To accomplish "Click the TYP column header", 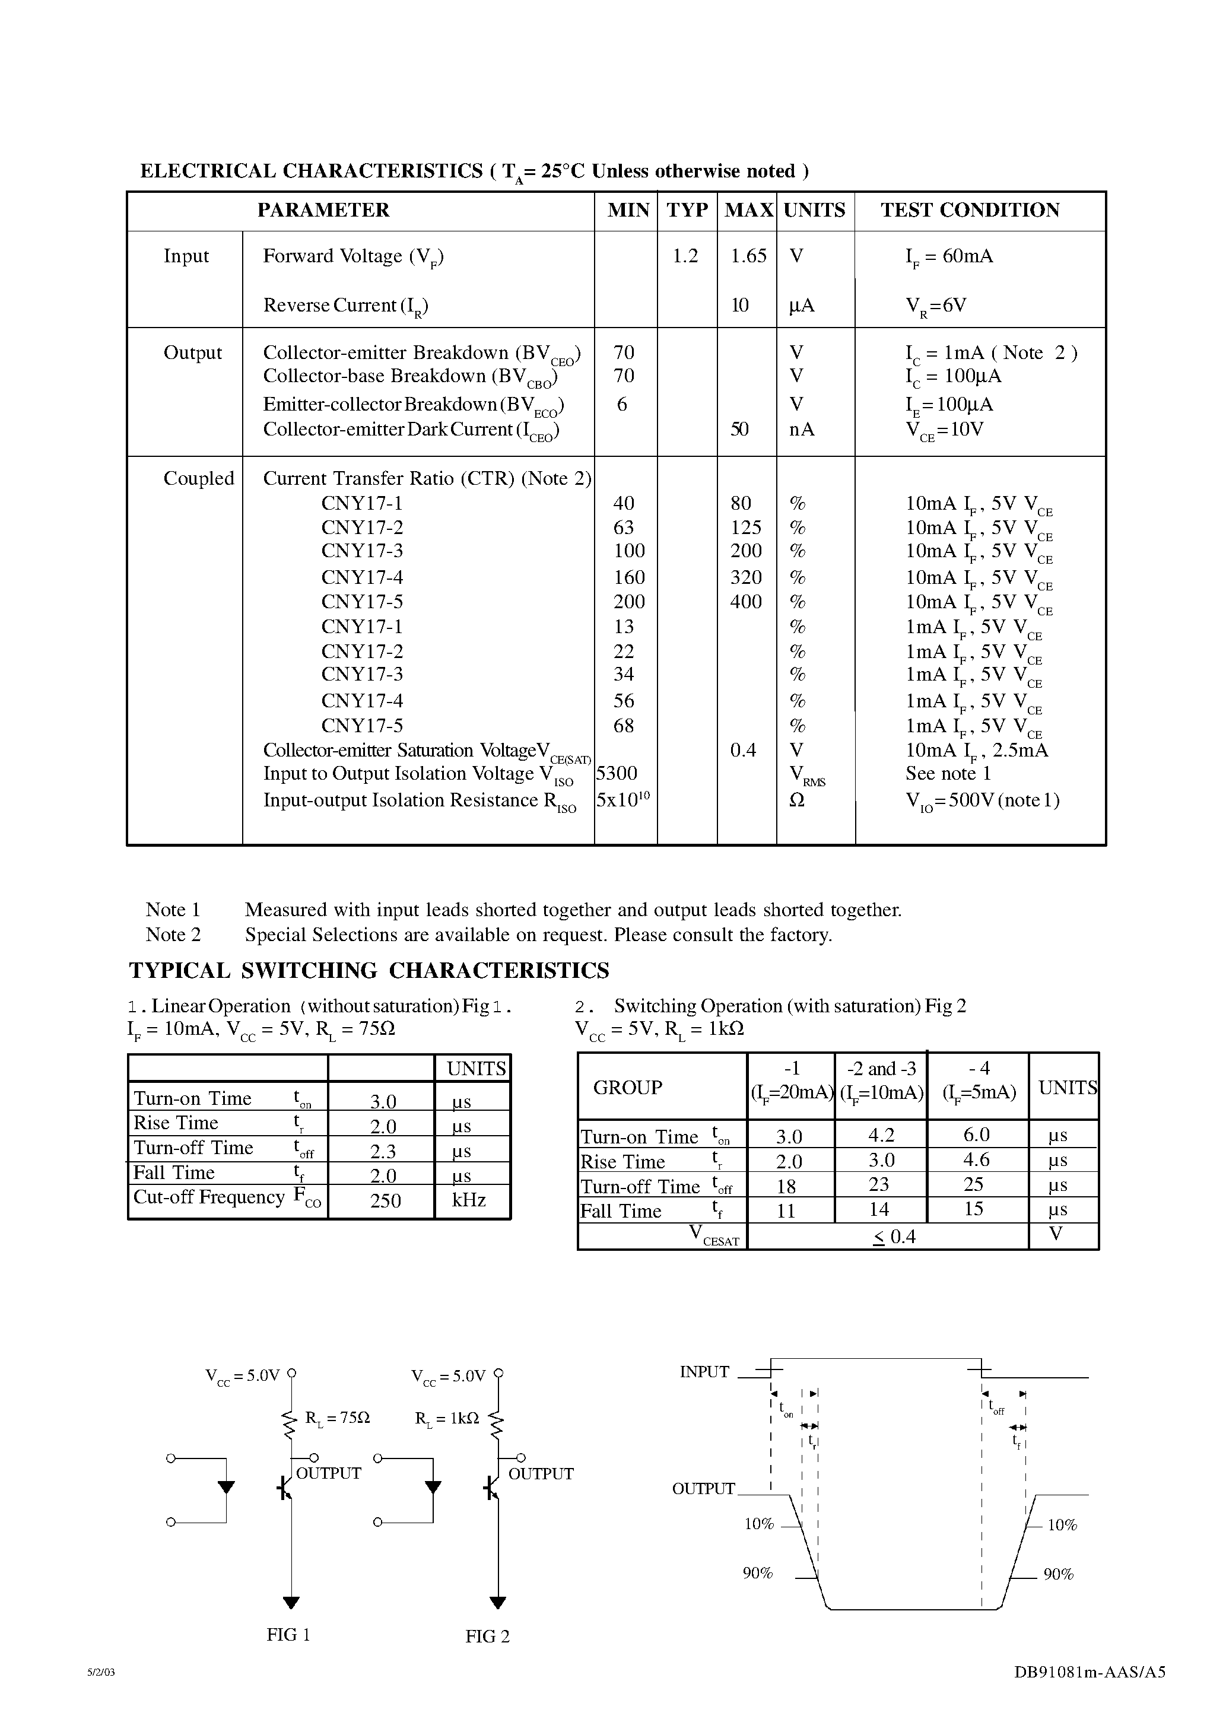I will tap(687, 210).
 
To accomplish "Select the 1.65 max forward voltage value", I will tap(748, 256).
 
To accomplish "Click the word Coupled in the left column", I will tap(199, 478).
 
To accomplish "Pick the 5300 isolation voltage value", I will tap(617, 773).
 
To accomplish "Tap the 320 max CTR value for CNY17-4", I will tap(745, 577).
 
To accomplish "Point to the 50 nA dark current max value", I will tap(739, 429).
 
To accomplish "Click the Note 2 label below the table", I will tap(173, 935).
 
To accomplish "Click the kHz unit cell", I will tap(469, 1200).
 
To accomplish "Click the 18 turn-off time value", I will tap(786, 1186).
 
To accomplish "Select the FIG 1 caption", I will tap(288, 1635).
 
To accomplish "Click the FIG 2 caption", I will tap(488, 1636).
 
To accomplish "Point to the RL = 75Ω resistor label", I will tap(337, 1418).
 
